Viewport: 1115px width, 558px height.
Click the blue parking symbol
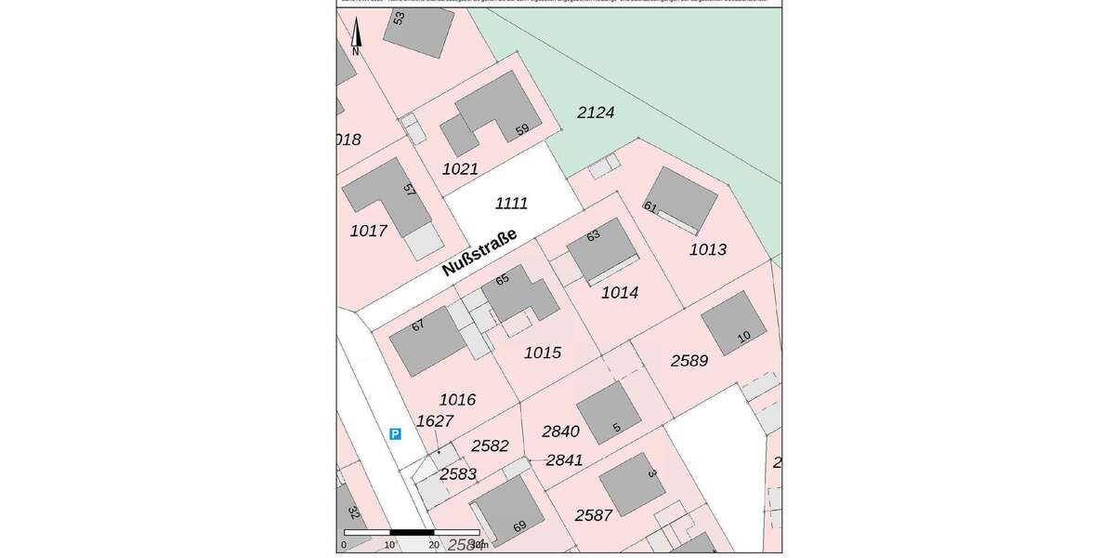[x=395, y=433]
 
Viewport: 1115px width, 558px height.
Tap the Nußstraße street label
[x=479, y=253]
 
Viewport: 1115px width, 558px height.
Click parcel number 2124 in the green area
[x=596, y=113]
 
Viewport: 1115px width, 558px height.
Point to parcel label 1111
[x=511, y=204]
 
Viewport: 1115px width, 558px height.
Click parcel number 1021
[x=460, y=169]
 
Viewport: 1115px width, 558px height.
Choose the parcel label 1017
[x=368, y=231]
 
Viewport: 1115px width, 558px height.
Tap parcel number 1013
[x=708, y=249]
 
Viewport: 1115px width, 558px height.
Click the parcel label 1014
[x=620, y=292]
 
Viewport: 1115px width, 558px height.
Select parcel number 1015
[x=543, y=352]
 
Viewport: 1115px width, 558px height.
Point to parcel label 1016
[x=457, y=400]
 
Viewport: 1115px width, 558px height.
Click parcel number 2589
[x=689, y=361]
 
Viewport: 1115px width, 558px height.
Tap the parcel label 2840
[x=560, y=432]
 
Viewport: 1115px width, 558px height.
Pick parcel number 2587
[x=594, y=515]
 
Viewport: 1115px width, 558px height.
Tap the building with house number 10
[x=732, y=322]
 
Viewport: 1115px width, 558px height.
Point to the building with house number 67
[x=426, y=341]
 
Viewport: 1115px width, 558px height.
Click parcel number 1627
[x=434, y=421]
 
